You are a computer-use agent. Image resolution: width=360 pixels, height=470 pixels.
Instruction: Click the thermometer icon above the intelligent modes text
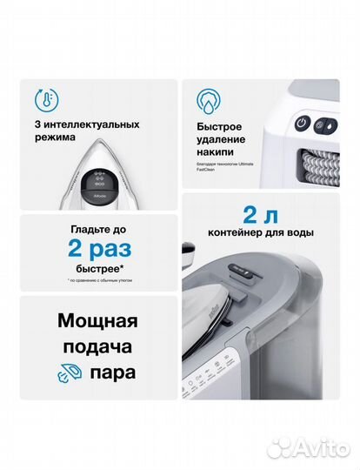click(43, 98)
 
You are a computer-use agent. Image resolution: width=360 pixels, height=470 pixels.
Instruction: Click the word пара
click(117, 375)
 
